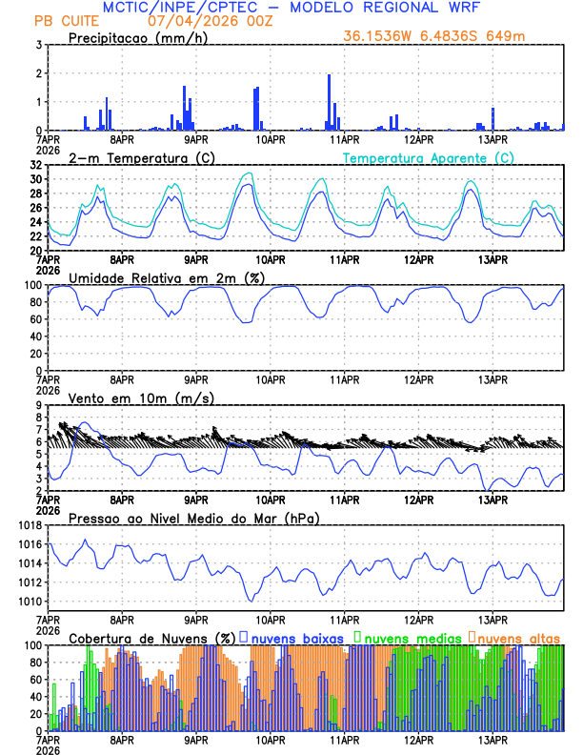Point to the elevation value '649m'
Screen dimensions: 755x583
click(x=508, y=36)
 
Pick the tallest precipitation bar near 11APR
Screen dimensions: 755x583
click(x=329, y=101)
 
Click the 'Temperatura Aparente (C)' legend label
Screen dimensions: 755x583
click(x=429, y=157)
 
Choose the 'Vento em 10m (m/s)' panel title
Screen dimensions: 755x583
click(x=142, y=398)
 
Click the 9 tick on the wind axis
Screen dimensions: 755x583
click(x=40, y=405)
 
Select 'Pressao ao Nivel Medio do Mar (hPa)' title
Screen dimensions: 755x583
click(x=194, y=518)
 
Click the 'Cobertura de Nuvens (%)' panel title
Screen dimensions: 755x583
click(x=151, y=638)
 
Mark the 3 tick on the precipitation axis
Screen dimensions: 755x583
click(x=40, y=45)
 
